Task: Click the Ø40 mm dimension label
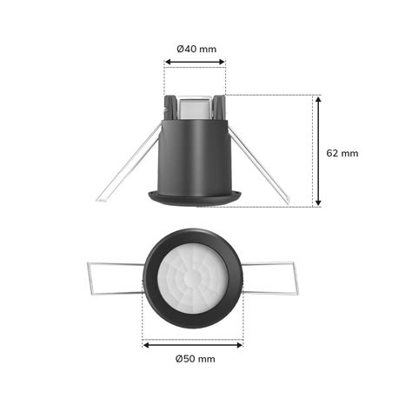coord(196,49)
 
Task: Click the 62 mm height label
coord(342,152)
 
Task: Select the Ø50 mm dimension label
coord(195,358)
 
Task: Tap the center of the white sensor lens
coord(194,279)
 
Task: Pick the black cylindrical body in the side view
coord(195,156)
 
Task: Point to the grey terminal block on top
coord(195,106)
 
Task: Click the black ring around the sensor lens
coord(152,279)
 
